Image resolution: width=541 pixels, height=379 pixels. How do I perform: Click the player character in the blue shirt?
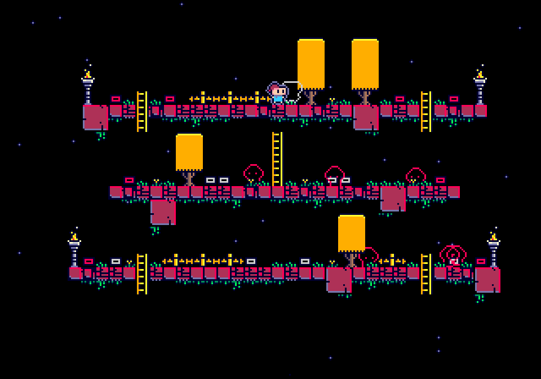(277, 93)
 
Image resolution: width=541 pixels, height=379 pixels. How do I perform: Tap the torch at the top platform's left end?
(87, 86)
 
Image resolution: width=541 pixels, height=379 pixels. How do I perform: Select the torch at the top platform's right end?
(480, 86)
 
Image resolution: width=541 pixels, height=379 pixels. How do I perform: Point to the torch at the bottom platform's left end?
(74, 249)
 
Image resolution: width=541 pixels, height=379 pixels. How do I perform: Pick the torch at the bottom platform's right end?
(493, 249)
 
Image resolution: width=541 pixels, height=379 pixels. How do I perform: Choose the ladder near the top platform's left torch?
(141, 112)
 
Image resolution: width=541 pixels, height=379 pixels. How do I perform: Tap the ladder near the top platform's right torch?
(425, 112)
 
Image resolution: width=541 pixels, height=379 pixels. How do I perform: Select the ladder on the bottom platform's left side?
(141, 274)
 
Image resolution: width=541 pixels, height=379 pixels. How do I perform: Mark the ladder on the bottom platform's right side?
(425, 274)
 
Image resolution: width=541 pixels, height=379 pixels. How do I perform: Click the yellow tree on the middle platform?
(189, 155)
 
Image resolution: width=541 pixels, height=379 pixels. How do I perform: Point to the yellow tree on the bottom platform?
(352, 237)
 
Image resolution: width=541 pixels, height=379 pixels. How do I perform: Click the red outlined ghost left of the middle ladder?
(254, 174)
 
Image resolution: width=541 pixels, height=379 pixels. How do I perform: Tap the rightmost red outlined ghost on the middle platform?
(416, 176)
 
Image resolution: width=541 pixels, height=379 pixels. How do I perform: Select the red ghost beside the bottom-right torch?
(453, 255)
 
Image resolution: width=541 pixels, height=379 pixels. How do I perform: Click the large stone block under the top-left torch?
(95, 117)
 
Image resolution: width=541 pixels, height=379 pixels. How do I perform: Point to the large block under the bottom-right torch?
(487, 280)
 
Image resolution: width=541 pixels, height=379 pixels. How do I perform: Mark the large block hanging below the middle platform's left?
(163, 212)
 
